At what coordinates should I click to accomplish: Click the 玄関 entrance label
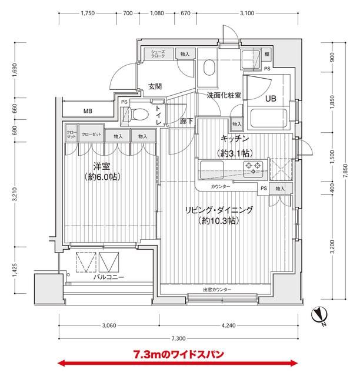point(155,86)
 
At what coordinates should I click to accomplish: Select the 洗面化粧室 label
point(224,95)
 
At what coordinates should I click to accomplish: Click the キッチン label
point(235,139)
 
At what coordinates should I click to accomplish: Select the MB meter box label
point(87,111)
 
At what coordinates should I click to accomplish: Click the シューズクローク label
point(158,54)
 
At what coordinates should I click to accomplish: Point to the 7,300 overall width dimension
point(179,338)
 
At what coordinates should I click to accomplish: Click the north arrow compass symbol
point(321,316)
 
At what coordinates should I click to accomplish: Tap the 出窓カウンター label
point(217,290)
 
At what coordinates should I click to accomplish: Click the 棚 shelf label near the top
point(267,54)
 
